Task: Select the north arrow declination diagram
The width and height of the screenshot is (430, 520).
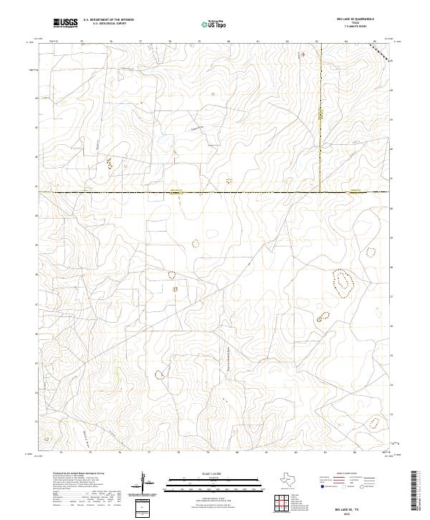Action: tap(143, 483)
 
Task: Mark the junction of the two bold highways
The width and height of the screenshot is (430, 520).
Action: tap(319, 192)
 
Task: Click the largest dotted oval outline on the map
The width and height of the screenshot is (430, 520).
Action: tap(343, 282)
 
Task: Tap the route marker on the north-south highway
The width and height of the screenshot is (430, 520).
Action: tap(320, 115)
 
